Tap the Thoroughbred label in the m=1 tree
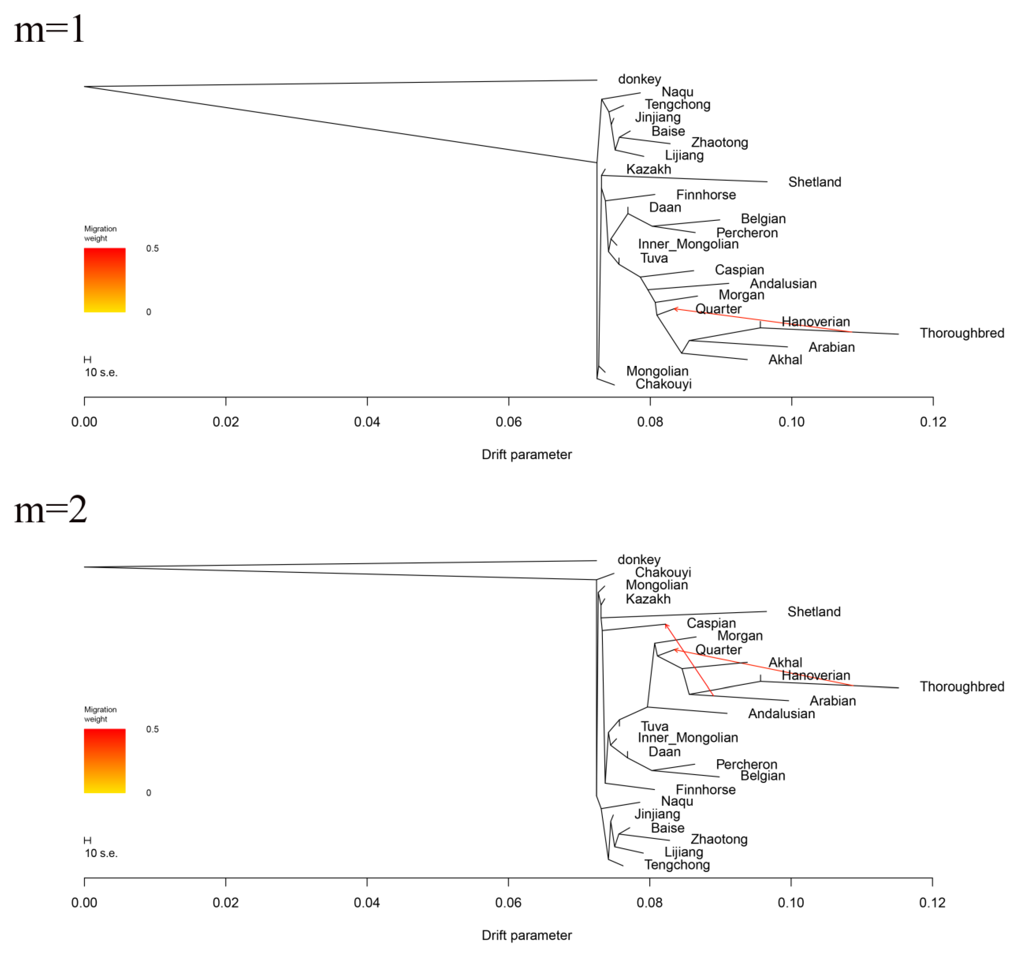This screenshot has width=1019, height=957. click(x=962, y=333)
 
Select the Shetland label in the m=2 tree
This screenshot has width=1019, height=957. click(x=814, y=612)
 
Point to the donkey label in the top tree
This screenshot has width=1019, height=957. click(x=639, y=79)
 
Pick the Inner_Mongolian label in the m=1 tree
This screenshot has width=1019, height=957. click(x=688, y=244)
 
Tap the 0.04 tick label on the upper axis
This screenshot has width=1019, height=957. click(x=367, y=422)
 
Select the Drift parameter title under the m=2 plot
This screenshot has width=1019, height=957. click(x=527, y=935)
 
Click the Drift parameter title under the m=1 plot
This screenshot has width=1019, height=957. click(x=527, y=454)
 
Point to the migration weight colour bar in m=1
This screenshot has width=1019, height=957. click(x=105, y=280)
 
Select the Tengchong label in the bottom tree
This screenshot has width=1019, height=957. click(x=677, y=865)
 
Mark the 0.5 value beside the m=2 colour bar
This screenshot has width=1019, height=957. click(x=152, y=729)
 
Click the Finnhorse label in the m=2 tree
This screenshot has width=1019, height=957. click(x=705, y=790)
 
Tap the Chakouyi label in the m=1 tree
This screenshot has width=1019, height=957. click(x=663, y=384)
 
